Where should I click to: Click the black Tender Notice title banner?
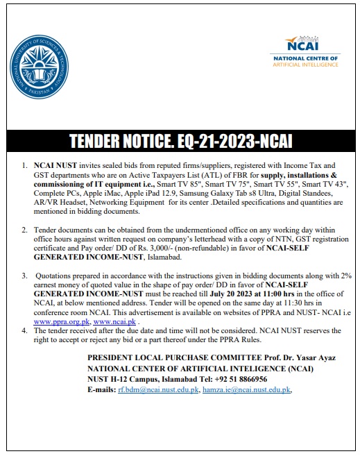tap(180, 142)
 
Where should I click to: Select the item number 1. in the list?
tap(26, 167)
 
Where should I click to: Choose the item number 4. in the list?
tap(26, 332)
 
